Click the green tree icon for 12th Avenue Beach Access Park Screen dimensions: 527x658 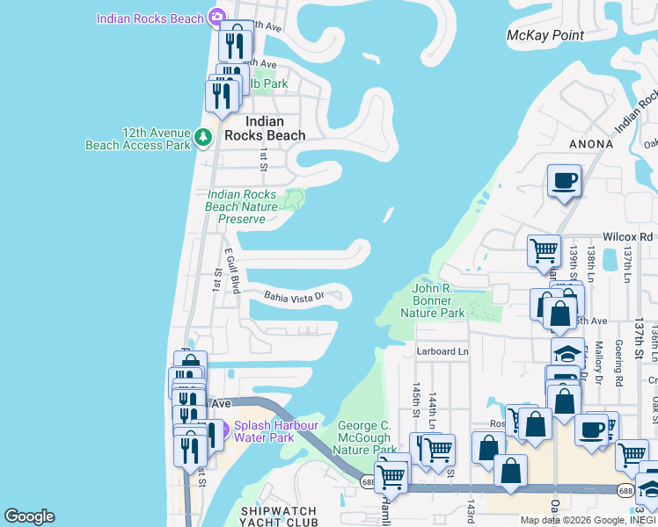coord(203,137)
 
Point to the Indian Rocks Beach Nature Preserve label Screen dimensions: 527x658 coord(241,206)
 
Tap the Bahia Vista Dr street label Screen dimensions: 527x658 coord(294,296)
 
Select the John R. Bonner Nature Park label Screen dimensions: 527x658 coord(439,300)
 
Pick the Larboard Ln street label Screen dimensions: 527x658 coord(443,351)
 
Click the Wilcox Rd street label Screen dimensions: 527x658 coord(627,237)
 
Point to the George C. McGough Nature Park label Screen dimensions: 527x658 coord(365,437)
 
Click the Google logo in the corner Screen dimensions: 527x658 coord(29,516)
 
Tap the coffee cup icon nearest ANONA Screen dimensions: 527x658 coord(564,182)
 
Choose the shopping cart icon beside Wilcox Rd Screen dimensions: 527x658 coord(544,250)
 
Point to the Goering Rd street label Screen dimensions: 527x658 coord(618,364)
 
